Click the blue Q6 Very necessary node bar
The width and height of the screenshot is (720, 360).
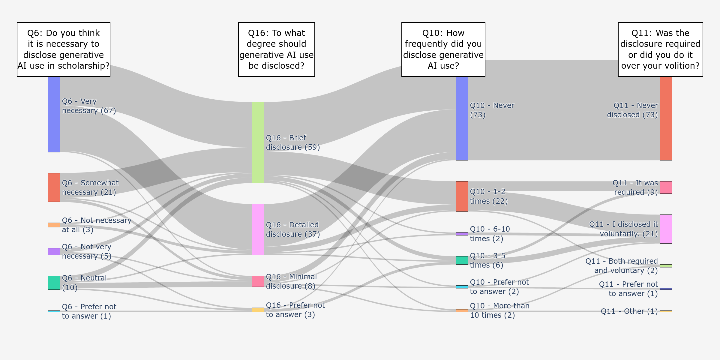[x=54, y=114]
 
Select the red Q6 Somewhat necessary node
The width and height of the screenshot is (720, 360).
[x=54, y=187]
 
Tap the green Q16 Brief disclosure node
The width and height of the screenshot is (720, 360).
[x=258, y=142]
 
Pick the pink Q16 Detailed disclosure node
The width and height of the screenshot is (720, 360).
[x=258, y=229]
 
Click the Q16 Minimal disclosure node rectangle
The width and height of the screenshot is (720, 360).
[x=258, y=281]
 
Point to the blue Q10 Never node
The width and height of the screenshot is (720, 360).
[x=462, y=118]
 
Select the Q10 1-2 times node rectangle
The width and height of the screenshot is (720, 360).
[x=462, y=196]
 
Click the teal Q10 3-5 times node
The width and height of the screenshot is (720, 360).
[x=462, y=260]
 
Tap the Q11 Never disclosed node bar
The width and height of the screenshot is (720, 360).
[x=666, y=118]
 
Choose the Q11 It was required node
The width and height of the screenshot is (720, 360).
[x=666, y=187]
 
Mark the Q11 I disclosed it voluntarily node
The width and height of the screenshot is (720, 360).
[x=666, y=229]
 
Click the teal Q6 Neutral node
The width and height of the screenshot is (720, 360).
[x=54, y=283]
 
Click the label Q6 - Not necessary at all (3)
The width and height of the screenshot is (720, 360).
[x=97, y=225]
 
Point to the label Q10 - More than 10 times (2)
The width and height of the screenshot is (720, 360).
[x=499, y=310]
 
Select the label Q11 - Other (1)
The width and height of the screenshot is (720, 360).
[x=629, y=311]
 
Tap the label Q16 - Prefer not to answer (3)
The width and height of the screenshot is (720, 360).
[x=295, y=310]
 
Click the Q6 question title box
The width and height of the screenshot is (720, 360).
[x=64, y=49]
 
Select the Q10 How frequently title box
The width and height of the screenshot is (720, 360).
[x=443, y=49]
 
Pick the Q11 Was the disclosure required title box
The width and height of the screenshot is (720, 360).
[x=660, y=49]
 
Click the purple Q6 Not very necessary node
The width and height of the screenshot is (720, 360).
[x=54, y=251]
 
